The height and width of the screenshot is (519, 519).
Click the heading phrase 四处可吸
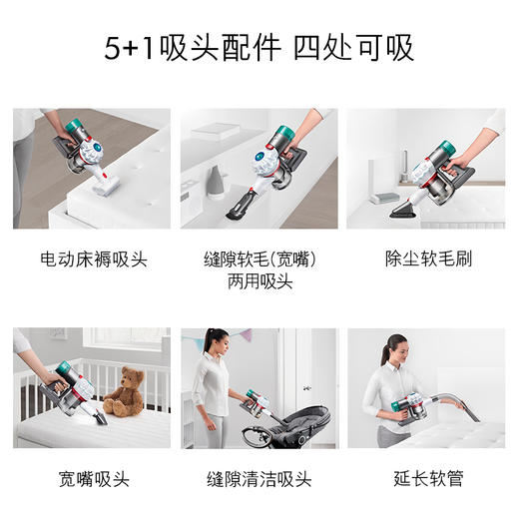click(353, 48)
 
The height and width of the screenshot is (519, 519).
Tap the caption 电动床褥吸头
click(93, 259)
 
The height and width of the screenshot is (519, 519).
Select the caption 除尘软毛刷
click(427, 259)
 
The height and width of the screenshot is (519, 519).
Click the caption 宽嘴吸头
click(93, 479)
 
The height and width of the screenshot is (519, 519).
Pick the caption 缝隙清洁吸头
click(259, 479)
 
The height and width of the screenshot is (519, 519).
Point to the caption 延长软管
click(427, 479)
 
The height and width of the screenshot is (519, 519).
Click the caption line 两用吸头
click(259, 281)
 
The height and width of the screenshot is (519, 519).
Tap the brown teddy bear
click(124, 392)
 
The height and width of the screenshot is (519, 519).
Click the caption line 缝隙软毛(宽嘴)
click(259, 259)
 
